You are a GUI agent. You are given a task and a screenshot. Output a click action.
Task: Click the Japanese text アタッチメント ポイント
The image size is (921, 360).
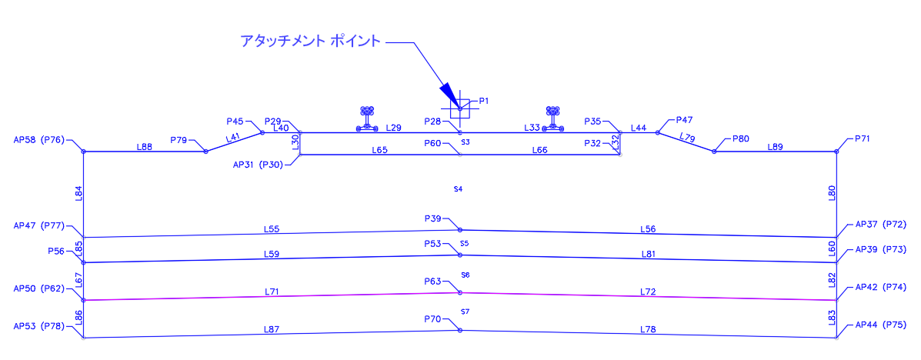click(x=311, y=42)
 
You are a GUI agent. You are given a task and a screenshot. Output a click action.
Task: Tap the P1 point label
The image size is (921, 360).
click(x=484, y=101)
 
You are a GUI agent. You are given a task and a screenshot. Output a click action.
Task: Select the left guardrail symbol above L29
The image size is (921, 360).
click(x=367, y=118)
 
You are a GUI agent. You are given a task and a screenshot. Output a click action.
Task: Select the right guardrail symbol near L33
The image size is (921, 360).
click(x=552, y=118)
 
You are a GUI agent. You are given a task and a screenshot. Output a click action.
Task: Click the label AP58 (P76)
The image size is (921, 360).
click(x=38, y=140)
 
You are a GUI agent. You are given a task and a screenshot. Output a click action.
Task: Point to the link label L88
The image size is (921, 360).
click(x=145, y=147)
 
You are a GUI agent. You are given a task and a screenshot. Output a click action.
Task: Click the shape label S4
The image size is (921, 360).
click(x=458, y=189)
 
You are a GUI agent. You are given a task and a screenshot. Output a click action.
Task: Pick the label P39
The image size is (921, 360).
click(x=433, y=218)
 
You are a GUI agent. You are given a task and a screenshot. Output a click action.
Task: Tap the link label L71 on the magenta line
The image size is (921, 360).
click(x=272, y=292)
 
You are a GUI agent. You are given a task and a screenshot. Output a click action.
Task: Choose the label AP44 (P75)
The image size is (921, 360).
click(x=880, y=325)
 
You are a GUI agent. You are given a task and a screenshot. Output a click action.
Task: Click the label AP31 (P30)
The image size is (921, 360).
click(x=259, y=165)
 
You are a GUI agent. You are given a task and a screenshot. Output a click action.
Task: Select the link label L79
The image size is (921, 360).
click(x=688, y=138)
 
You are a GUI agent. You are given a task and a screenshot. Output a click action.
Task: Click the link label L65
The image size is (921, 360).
click(x=379, y=150)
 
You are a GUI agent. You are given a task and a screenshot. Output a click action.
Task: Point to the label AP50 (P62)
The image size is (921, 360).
click(x=38, y=288)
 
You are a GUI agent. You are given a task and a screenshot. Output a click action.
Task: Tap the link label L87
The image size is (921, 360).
click(x=271, y=330)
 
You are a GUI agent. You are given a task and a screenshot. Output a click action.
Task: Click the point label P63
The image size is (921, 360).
click(x=433, y=282)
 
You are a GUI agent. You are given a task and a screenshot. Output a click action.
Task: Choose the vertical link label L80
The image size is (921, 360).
click(x=832, y=193)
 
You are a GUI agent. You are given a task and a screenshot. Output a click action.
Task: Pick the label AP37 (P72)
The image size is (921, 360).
click(x=880, y=224)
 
